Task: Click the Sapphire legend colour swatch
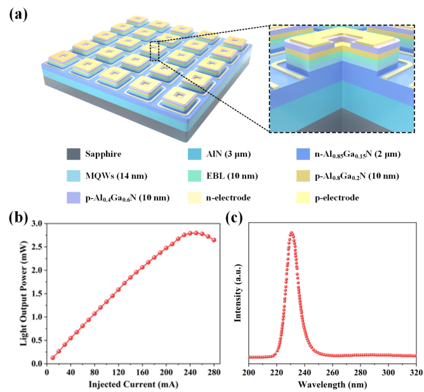pyautogui.click(x=74, y=154)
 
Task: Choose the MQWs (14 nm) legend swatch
pyautogui.click(x=74, y=176)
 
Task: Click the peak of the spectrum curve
pyautogui.click(x=291, y=233)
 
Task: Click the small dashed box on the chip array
pyautogui.click(x=158, y=50)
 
